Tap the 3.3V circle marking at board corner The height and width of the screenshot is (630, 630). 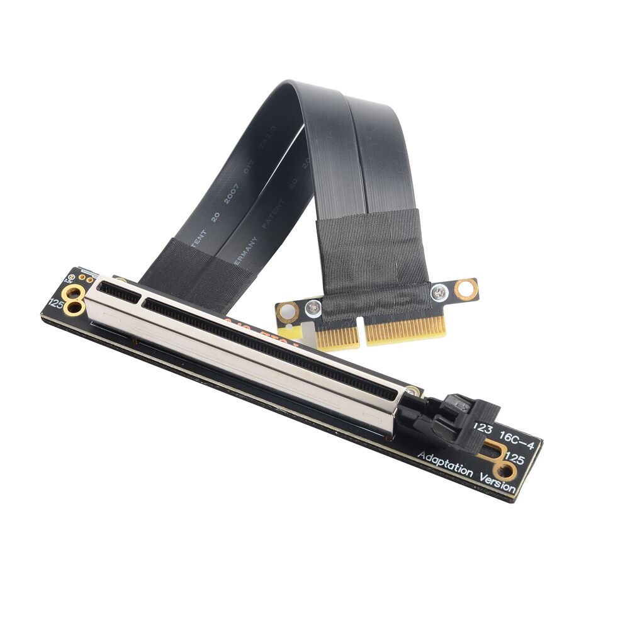coord(72,276)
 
